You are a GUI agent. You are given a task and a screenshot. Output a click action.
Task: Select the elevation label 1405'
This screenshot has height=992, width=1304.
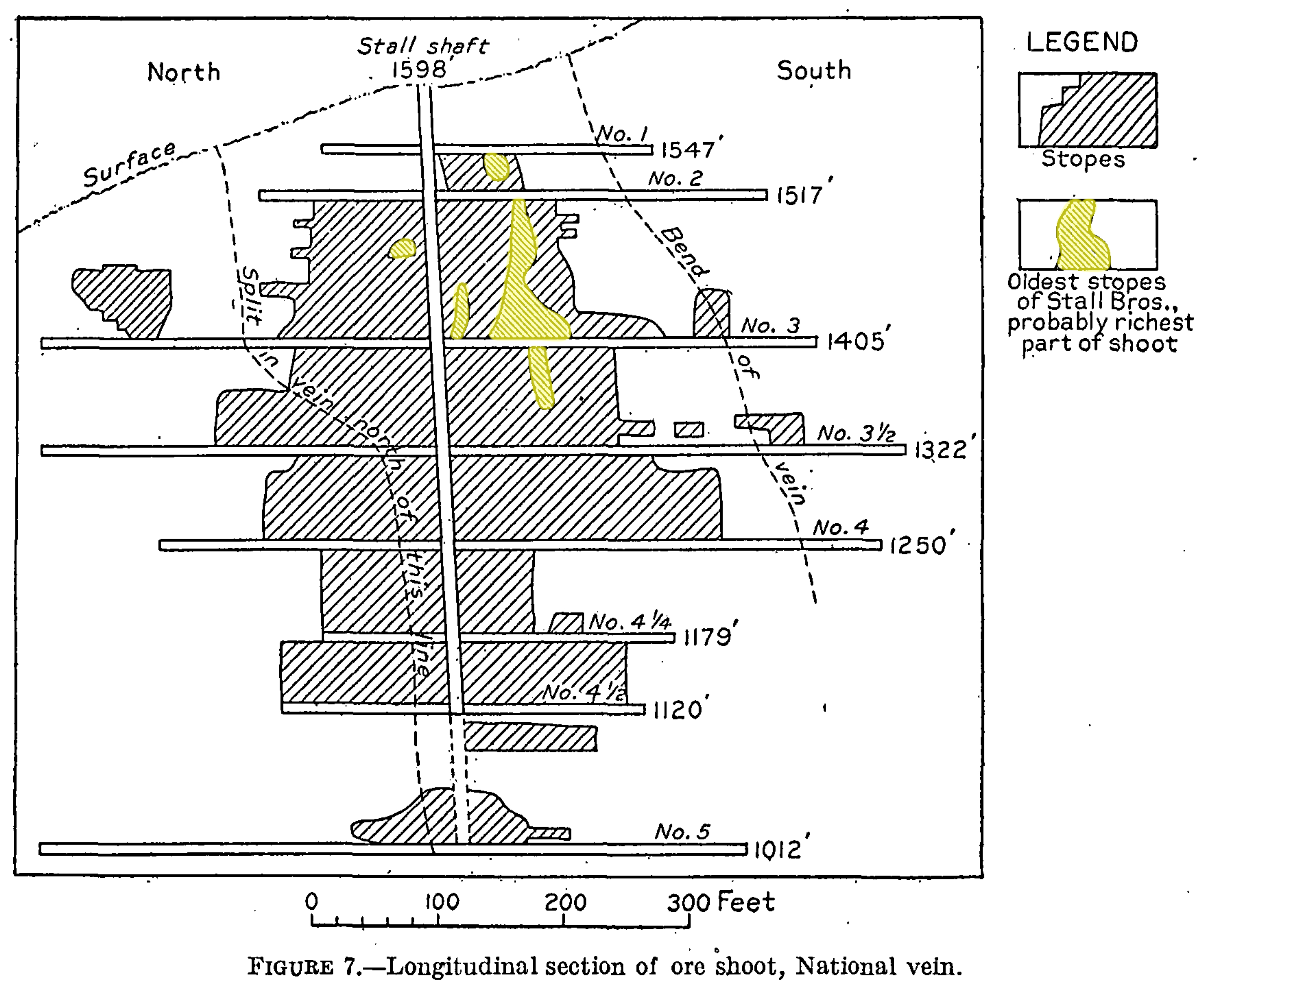858,341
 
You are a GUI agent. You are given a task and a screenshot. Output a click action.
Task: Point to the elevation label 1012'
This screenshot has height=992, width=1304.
780,850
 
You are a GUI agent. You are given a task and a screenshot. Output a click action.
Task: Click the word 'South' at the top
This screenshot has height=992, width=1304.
814,71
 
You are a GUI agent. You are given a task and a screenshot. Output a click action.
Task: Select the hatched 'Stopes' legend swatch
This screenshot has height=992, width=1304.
1087,110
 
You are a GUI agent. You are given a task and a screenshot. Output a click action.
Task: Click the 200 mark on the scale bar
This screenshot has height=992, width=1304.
565,903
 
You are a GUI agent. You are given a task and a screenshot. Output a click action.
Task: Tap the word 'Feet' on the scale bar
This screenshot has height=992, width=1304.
745,902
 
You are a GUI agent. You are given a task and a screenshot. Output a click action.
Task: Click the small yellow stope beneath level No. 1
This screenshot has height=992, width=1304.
496,167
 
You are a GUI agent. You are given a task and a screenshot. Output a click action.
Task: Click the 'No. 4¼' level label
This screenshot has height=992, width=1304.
629,622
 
